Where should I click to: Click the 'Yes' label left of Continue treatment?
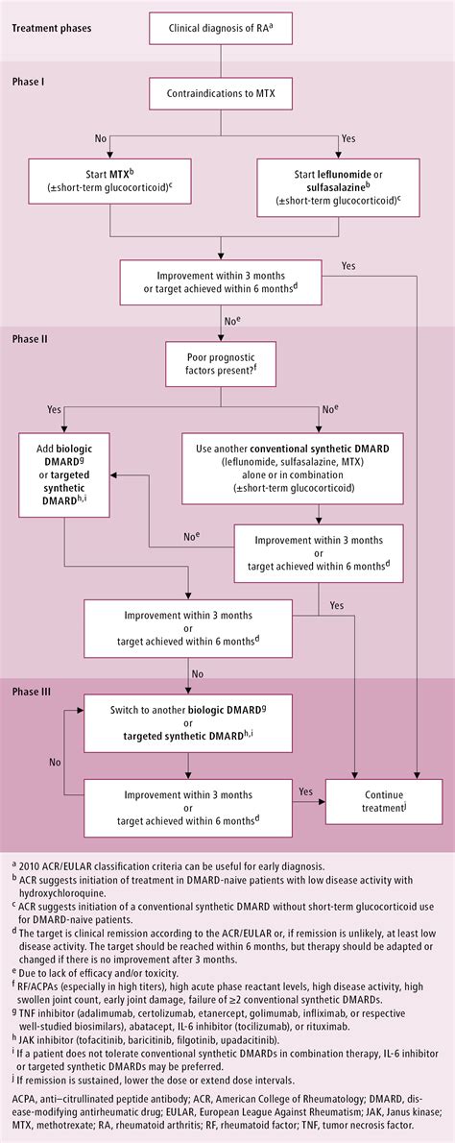click(305, 790)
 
